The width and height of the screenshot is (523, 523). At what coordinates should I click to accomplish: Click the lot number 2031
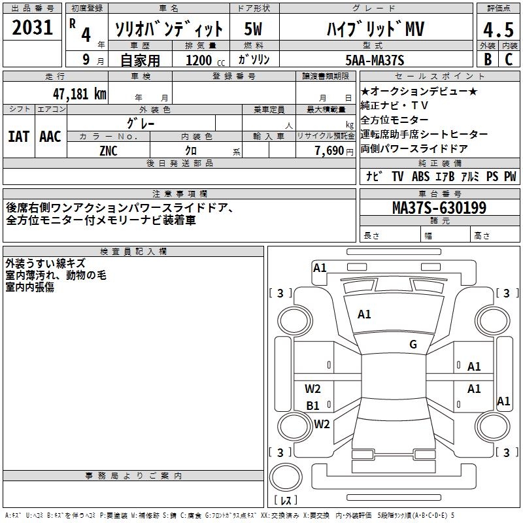click(32, 27)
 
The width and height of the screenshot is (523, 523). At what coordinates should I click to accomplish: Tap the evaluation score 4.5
click(498, 30)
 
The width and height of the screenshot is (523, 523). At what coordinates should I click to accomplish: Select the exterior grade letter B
click(488, 59)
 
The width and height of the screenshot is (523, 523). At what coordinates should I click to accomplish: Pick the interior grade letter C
click(509, 59)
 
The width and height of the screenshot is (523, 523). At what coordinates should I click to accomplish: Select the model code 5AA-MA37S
click(375, 60)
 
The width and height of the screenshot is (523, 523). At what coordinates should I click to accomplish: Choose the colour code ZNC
click(109, 150)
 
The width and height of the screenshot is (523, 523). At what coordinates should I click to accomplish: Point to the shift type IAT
click(18, 137)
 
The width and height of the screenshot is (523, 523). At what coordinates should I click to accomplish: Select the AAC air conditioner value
click(50, 137)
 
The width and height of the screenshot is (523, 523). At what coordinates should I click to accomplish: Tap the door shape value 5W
click(254, 29)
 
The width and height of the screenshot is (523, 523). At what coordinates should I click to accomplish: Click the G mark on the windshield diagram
click(413, 345)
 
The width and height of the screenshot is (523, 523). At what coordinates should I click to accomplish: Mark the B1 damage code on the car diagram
click(313, 406)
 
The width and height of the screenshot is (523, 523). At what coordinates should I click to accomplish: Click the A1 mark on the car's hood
click(364, 314)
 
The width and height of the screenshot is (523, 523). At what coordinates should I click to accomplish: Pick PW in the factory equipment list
click(510, 177)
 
